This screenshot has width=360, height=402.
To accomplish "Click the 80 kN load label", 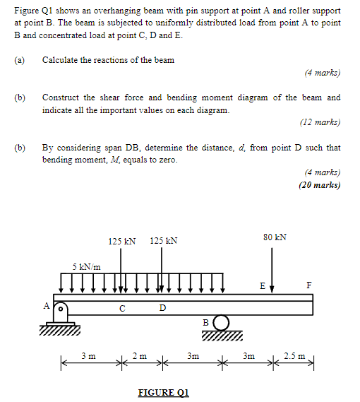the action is click(275, 237).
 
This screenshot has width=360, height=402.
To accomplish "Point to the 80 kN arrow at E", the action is click(272, 268).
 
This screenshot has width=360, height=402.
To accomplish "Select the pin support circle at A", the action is click(61, 309).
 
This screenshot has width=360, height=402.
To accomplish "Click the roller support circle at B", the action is click(222, 322).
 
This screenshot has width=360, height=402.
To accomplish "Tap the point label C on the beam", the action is click(122, 308).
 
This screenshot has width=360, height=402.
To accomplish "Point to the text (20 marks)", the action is click(319, 186).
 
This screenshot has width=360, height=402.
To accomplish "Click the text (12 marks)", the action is click(320, 122).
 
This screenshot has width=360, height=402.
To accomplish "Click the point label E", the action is click(262, 286).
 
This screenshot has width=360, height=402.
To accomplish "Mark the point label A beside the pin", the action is click(47, 306).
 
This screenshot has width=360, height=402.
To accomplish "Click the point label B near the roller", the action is click(205, 322).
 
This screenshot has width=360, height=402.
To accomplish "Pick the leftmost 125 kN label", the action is click(121, 241).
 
